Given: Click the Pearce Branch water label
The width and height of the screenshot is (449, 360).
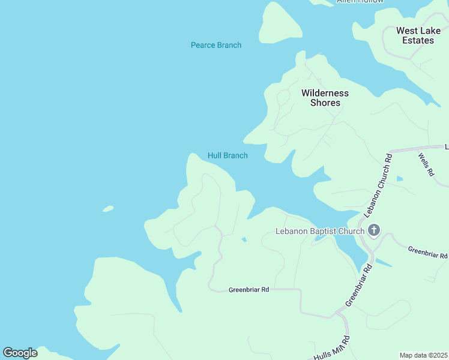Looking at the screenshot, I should click(215, 45).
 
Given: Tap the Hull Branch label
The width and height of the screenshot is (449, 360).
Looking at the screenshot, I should click(228, 155).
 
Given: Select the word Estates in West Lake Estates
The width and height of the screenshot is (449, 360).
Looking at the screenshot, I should click(418, 40).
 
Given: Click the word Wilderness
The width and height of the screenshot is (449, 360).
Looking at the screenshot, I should click(325, 93).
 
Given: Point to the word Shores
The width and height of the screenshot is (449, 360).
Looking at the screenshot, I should click(325, 103).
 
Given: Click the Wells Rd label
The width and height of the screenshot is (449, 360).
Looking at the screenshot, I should click(426, 164).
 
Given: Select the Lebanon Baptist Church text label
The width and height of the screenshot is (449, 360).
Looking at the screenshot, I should click(319, 231).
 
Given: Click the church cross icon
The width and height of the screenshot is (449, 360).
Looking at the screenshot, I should click(374, 230).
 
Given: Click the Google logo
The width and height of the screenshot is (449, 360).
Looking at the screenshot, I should click(20, 353).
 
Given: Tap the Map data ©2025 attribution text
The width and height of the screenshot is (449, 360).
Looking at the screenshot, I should click(423, 355).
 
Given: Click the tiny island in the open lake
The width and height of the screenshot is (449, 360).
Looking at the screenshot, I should click(108, 209).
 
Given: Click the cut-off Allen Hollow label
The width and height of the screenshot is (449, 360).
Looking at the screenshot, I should click(360, 2).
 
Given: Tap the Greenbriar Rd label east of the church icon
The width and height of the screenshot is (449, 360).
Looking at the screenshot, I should click(427, 252).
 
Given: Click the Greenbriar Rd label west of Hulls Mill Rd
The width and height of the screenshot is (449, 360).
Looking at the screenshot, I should click(249, 290).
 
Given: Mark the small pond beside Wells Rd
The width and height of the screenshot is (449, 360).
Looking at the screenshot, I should click(400, 178).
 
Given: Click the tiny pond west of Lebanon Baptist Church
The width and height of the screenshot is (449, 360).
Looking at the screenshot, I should click(243, 239).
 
